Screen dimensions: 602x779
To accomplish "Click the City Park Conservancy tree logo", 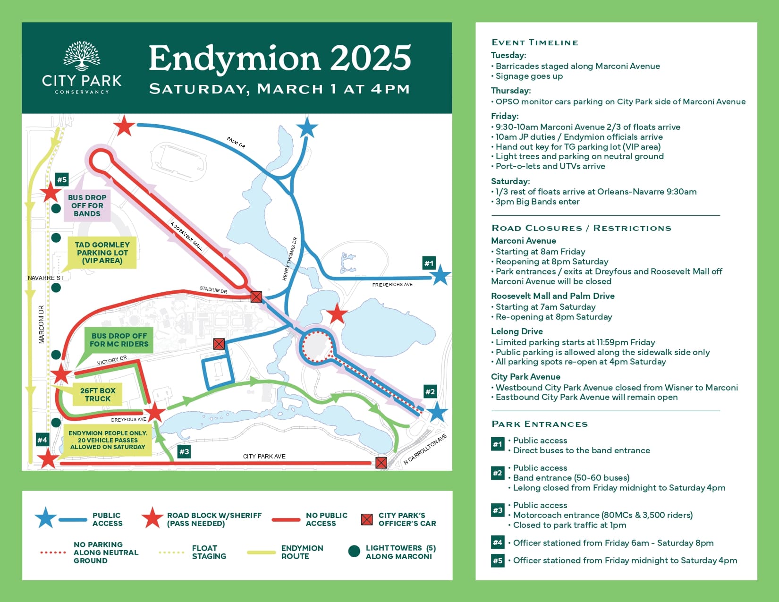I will point(82,56).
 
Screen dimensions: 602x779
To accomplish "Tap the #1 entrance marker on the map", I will point(429,263).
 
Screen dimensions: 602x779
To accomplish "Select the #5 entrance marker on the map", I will point(62,179).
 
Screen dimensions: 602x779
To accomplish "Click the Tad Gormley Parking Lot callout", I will point(102,253).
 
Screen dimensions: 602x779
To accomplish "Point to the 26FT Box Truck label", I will point(98,395).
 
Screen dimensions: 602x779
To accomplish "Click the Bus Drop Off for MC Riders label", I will point(119,340).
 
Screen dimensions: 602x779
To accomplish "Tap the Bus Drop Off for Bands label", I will point(87,205).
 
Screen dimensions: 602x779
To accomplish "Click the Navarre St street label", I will point(45,278).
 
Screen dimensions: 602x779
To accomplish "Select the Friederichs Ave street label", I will point(392,285).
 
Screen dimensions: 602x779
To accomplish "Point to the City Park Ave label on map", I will point(264,456).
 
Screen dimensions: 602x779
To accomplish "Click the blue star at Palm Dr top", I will point(307,127).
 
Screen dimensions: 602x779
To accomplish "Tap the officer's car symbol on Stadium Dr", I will point(256,297).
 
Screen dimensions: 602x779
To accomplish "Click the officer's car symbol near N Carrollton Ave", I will point(381,463).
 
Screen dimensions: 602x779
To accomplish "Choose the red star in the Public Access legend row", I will point(152,518).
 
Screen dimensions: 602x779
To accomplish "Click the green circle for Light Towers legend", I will point(354,551).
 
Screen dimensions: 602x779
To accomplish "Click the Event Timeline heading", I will point(534,42).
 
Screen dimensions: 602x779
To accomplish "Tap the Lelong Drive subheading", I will point(517,331).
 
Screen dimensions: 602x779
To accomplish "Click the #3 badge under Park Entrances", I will point(498,510).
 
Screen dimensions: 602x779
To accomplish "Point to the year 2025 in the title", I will point(370,58).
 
